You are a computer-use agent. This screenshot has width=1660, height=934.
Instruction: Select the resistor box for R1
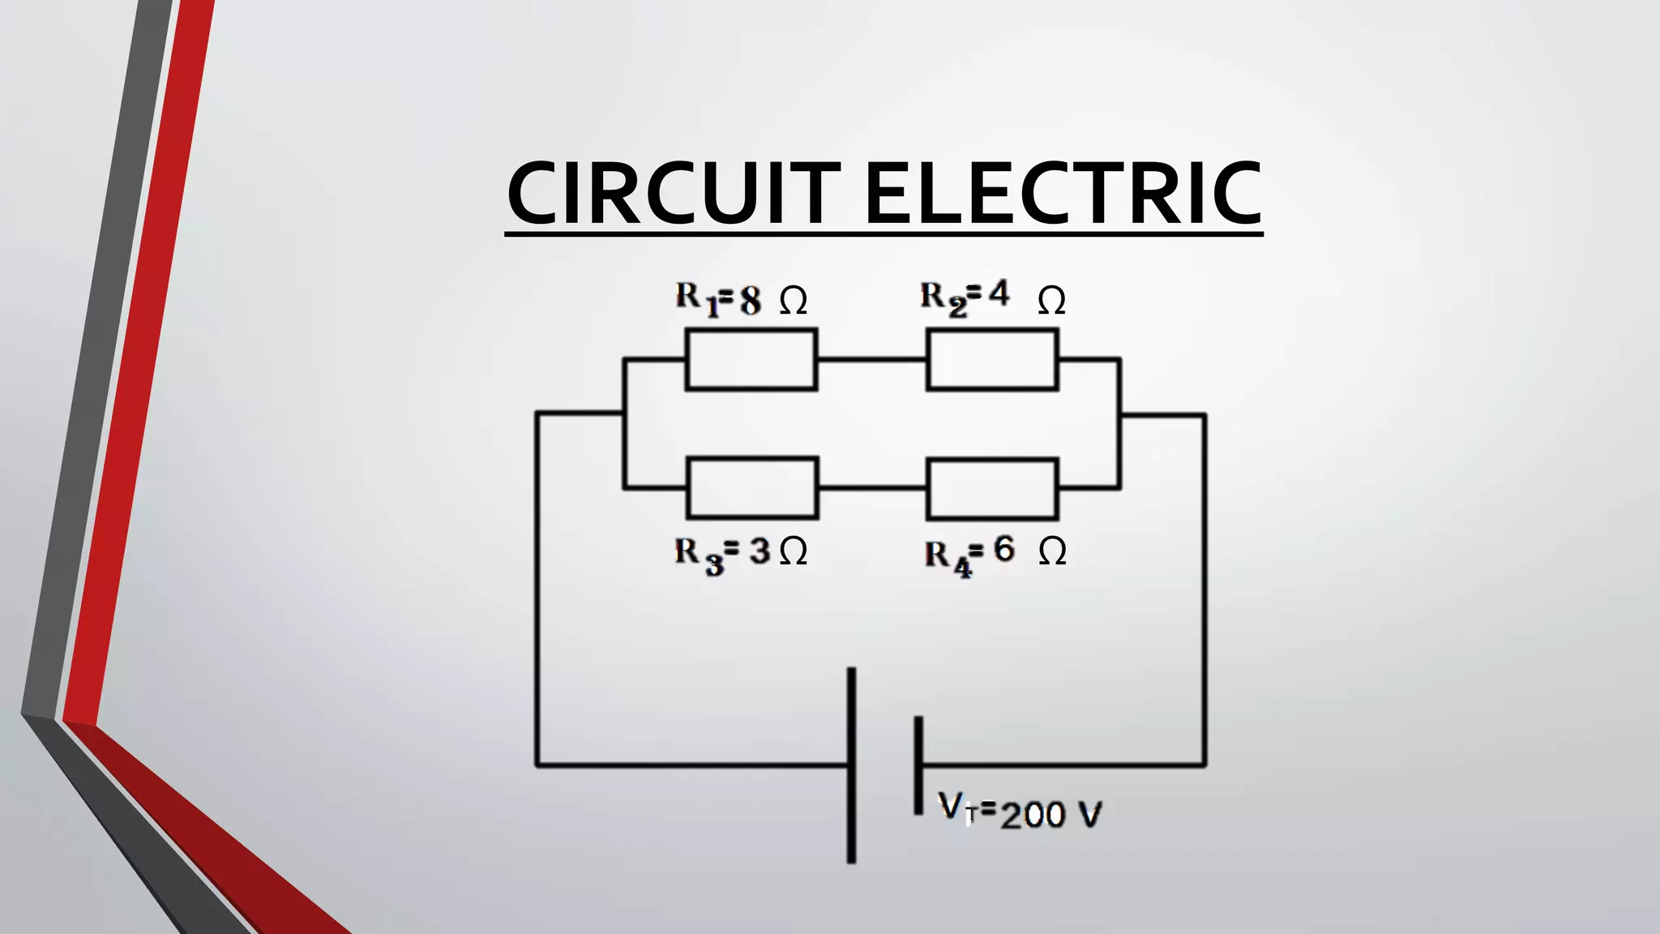tap(751, 359)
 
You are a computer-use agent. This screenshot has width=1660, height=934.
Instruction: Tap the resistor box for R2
tap(992, 359)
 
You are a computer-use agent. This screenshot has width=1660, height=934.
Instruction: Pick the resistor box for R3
tap(752, 488)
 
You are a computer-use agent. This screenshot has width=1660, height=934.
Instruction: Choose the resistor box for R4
tap(992, 489)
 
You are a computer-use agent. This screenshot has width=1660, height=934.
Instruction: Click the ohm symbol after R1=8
tap(794, 302)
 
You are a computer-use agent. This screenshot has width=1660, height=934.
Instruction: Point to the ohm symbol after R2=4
tap(1051, 302)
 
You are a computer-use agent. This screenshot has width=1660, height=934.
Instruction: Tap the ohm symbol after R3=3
tap(794, 552)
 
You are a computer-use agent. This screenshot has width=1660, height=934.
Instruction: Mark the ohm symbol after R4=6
tap(1052, 552)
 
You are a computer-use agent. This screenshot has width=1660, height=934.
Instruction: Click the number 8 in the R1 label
tap(751, 301)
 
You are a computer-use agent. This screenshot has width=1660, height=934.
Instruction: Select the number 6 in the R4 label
tap(1003, 550)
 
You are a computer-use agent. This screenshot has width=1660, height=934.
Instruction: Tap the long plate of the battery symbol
tap(851, 765)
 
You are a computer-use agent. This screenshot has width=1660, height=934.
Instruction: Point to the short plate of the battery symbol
tap(918, 765)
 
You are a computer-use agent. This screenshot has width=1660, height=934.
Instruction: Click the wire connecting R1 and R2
tap(871, 358)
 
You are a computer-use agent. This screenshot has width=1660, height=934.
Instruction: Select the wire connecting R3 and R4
tap(872, 488)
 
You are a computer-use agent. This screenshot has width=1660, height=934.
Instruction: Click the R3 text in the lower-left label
tap(698, 555)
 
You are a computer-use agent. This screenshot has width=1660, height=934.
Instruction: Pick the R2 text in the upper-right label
tap(943, 298)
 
